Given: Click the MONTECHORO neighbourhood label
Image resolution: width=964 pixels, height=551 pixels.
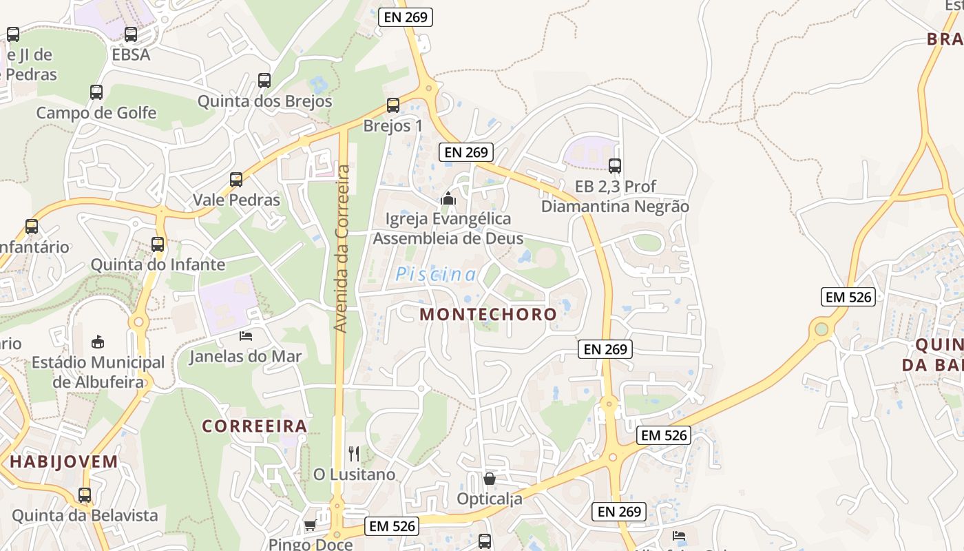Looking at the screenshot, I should [488, 314].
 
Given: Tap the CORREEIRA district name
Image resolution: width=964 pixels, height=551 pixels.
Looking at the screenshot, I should [254, 426].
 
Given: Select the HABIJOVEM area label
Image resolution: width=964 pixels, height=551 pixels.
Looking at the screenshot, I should [64, 461].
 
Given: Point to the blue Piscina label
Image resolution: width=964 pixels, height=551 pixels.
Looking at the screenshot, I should [436, 275].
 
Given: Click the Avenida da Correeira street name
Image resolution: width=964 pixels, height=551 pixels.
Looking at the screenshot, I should [342, 248].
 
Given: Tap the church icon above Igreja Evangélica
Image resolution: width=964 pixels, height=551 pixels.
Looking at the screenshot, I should [448, 199].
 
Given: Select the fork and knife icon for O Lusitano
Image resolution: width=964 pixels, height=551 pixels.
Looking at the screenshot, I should [354, 453].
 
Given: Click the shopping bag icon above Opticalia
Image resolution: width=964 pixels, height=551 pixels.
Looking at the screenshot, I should [490, 478].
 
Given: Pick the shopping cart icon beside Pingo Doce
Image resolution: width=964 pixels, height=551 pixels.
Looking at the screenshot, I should [310, 526].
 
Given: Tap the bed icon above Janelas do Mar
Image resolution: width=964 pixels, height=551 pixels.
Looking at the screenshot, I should [246, 335].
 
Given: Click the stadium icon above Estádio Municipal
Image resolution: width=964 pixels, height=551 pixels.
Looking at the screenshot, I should [98, 342].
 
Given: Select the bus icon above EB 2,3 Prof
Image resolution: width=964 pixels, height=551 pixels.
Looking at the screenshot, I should [615, 165].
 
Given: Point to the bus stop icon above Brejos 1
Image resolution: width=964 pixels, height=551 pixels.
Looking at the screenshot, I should [392, 105].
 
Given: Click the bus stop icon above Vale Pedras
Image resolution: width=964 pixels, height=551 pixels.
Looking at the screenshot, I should [236, 180].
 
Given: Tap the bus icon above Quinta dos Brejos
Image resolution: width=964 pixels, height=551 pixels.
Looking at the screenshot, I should [264, 80].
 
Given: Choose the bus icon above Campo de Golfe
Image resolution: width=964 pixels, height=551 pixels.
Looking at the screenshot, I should [96, 92].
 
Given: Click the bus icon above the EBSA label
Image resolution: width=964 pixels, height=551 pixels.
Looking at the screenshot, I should [131, 34].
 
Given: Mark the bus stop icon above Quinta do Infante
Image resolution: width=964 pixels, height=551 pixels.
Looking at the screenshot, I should [158, 244].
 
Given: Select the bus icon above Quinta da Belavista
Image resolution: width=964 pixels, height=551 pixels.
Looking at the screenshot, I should [85, 495].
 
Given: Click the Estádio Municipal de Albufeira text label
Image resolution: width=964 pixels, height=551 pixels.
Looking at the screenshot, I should [98, 372].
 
